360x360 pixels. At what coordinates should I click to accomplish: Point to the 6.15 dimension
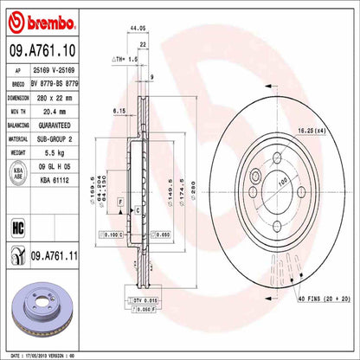click(x=120, y=110)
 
